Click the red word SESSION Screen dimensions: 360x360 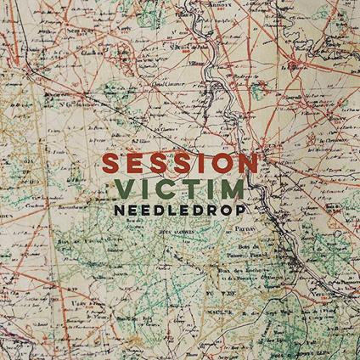pyautogui.click(x=179, y=162)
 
